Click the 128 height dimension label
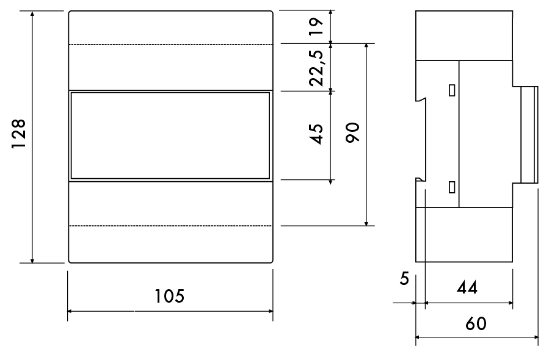18,134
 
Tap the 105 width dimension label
170,296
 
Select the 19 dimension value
316,26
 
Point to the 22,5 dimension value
316,68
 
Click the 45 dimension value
316,134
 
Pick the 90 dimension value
352,132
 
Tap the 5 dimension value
404,279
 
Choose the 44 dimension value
467,287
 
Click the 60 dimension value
476,323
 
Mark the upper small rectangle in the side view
452,90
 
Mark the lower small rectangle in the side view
452,187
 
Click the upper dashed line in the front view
170,45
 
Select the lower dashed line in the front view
170,226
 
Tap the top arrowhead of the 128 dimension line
32,13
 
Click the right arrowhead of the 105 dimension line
271,311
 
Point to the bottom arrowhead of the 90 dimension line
366,223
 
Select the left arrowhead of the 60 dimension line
418,337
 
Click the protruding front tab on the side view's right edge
529,134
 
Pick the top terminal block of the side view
464,35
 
